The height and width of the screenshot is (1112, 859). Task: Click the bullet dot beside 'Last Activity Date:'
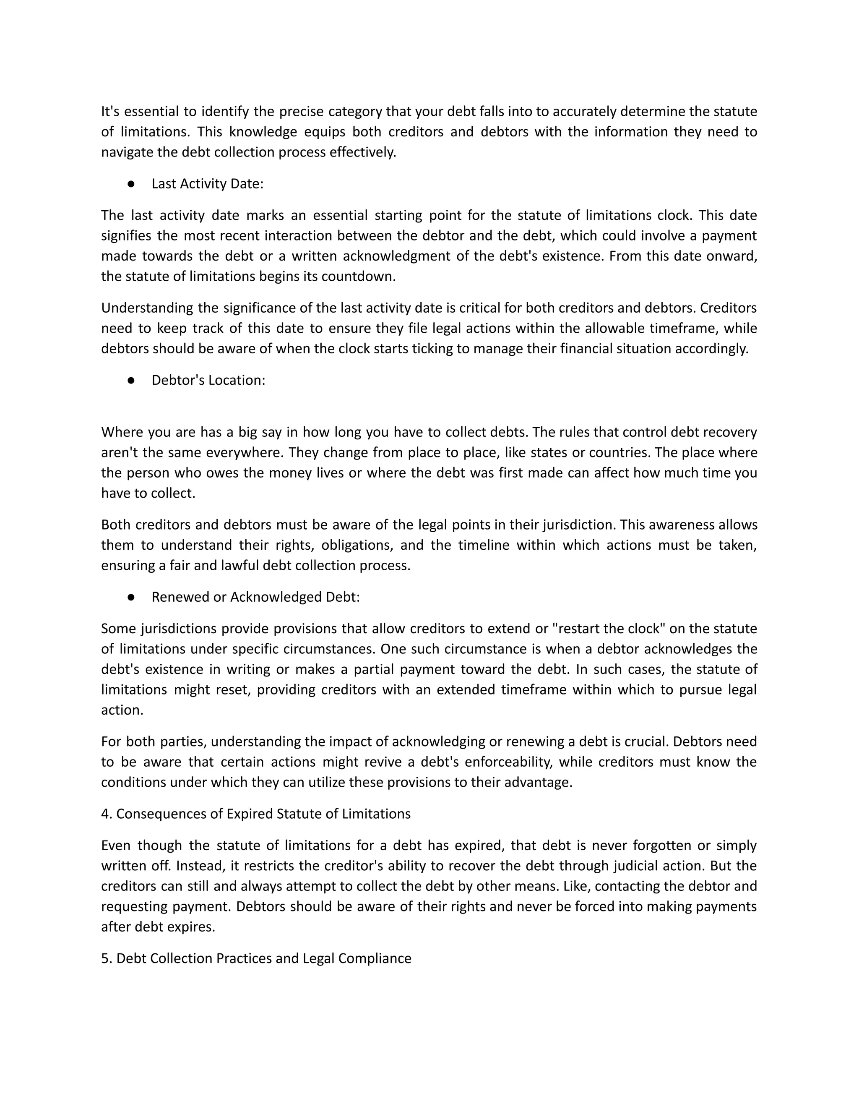(x=131, y=184)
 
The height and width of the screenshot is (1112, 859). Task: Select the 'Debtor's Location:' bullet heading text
(x=208, y=380)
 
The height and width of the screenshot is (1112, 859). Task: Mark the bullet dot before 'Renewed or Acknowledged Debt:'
(x=131, y=597)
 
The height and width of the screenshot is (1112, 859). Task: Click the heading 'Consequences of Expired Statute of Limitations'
(x=263, y=814)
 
